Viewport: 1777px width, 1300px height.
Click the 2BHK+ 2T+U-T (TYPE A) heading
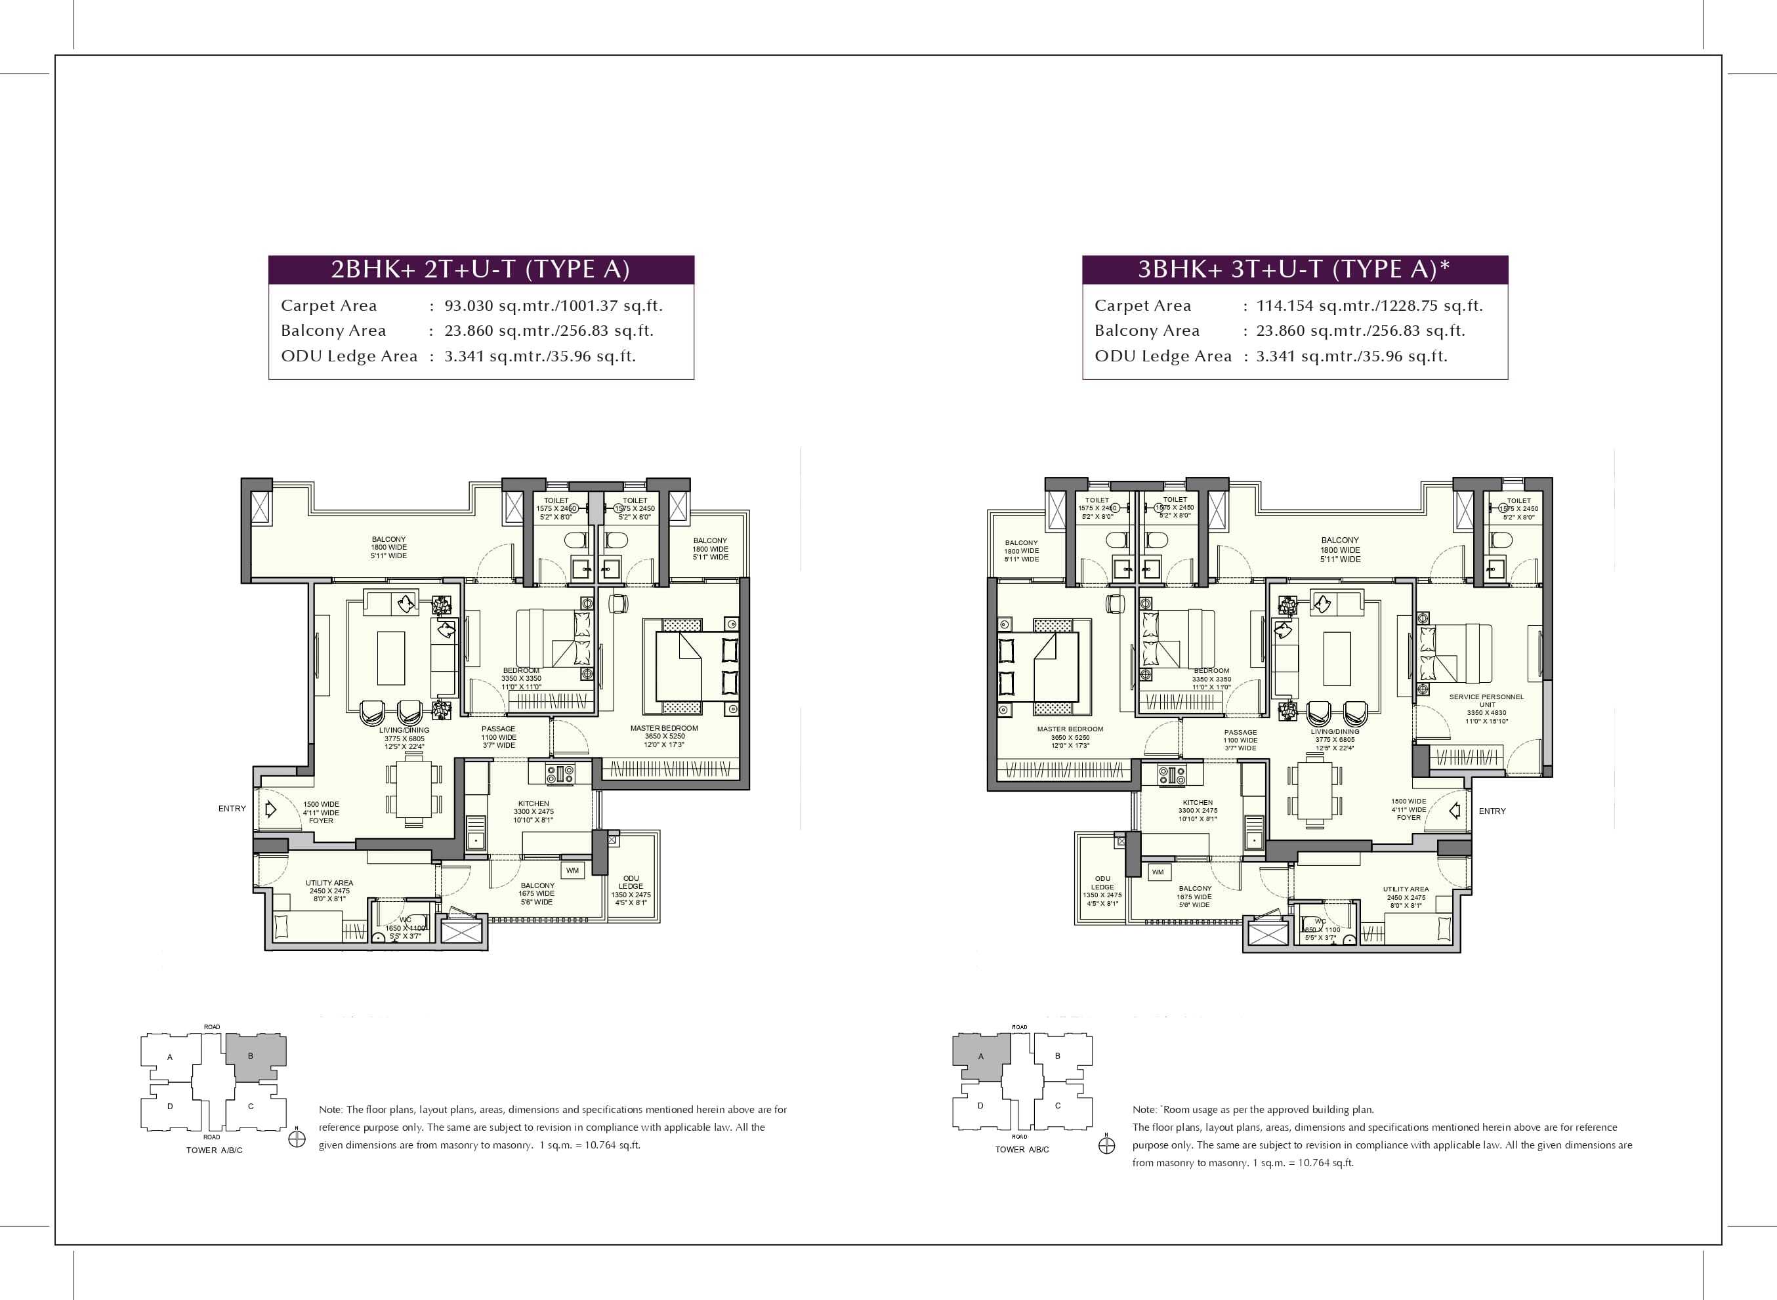[480, 270]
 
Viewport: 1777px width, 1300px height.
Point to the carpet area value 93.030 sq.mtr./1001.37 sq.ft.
[553, 306]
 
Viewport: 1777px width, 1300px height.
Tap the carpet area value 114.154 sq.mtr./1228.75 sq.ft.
[1369, 306]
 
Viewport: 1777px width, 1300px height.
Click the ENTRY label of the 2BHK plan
[232, 808]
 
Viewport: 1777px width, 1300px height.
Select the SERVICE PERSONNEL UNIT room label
[1486, 701]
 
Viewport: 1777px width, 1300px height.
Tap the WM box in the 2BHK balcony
[572, 870]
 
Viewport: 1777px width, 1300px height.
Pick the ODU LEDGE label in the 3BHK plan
[1102, 883]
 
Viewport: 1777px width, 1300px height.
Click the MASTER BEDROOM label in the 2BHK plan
[663, 728]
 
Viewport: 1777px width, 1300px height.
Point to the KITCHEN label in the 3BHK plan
[1198, 802]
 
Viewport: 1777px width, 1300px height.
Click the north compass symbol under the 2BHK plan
[297, 1139]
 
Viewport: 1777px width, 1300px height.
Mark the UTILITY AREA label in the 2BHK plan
[329, 883]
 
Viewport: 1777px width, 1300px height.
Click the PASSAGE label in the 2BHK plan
[498, 729]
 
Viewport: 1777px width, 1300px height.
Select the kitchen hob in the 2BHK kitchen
[560, 773]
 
